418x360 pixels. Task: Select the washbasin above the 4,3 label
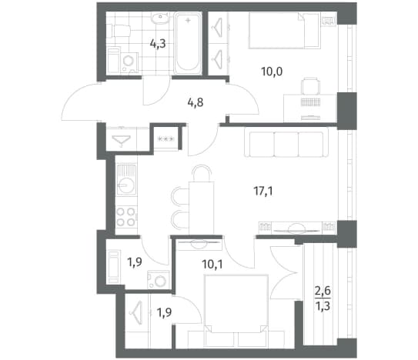coord(159,18)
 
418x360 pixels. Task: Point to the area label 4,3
coord(158,43)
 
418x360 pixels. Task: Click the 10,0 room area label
coord(272,72)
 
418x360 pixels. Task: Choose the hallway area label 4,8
coord(196,102)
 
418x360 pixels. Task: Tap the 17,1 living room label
coord(263,191)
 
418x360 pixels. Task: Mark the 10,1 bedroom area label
coord(212,265)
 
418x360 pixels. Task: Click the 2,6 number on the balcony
coord(323,291)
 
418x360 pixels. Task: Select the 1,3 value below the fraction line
coord(323,306)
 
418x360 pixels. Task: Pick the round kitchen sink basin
coord(126,185)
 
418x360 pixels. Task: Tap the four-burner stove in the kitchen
coord(126,217)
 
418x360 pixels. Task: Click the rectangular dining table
coord(201,208)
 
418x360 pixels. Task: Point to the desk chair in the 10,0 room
coord(310,86)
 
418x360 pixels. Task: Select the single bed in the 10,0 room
coord(284,31)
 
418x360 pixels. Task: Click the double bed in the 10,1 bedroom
coord(236,311)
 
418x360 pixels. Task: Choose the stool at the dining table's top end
coord(202,173)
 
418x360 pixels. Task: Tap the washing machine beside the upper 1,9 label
coord(158,280)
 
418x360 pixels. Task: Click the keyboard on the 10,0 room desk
coord(310,102)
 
